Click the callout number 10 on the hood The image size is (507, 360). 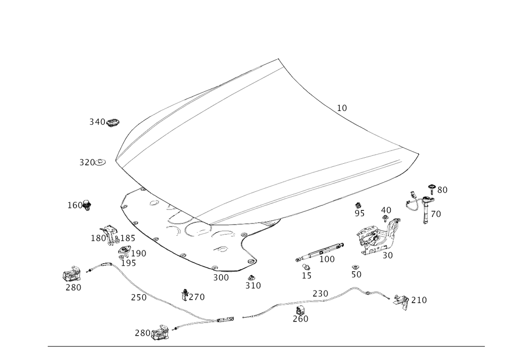(x=343, y=107)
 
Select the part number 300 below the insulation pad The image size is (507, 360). (x=221, y=277)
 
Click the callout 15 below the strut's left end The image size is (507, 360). (x=306, y=275)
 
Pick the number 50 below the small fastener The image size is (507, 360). (x=356, y=274)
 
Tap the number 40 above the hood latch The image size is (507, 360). (x=386, y=210)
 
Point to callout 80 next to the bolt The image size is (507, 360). (x=442, y=190)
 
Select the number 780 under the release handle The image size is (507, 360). (x=74, y=287)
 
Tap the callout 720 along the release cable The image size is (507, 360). (x=138, y=298)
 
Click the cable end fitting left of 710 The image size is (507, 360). (x=401, y=300)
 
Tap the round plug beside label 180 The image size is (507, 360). (x=87, y=204)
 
